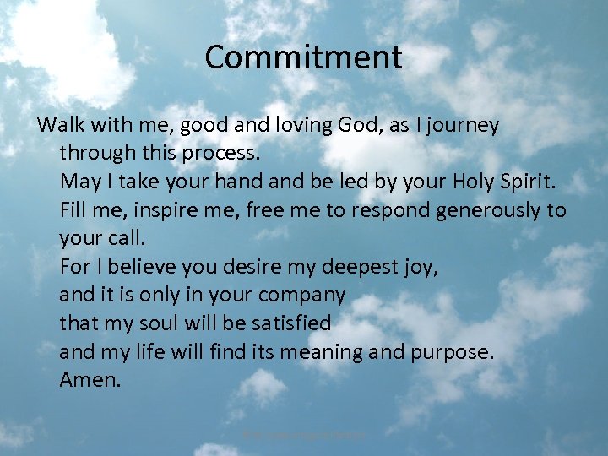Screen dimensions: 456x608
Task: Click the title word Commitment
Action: [303, 58]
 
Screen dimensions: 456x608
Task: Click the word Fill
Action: [73, 209]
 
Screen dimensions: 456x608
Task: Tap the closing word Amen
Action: [90, 380]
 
